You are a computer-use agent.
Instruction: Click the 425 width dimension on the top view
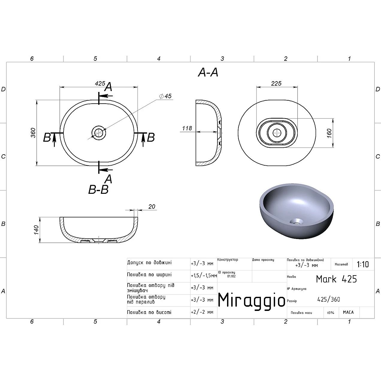100,84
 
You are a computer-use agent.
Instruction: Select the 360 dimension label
33,133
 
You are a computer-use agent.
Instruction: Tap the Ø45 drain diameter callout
165,96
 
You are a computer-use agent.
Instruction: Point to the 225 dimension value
276,84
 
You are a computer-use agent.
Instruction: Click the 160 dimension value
329,133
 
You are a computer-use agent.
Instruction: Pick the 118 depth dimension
187,128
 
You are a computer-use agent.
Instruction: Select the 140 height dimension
36,230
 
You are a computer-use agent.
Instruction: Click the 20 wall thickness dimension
152,207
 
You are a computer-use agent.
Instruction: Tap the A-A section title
208,72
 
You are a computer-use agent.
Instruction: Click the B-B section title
98,190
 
